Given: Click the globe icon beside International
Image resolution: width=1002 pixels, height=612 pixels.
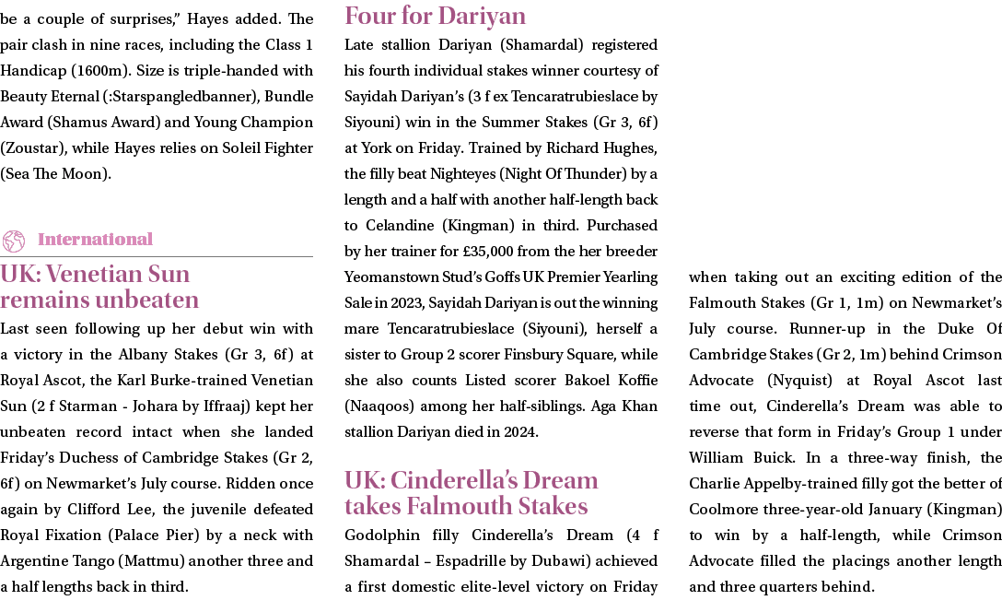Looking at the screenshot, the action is [x=14, y=241].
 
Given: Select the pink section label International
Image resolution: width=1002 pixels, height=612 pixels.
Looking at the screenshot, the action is [x=95, y=239].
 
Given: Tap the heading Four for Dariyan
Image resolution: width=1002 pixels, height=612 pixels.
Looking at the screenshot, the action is [x=436, y=16].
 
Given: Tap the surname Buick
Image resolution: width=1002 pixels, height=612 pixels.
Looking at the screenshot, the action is [x=769, y=458].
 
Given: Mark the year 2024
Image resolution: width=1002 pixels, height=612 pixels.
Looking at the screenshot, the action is [x=520, y=432].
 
